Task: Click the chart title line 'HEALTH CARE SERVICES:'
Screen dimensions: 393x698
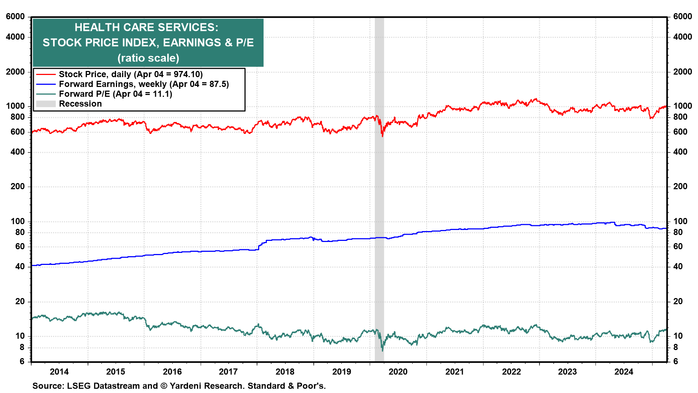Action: pos(146,27)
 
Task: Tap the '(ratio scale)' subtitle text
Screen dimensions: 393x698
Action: pos(148,58)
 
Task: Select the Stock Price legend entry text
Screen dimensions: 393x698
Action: pos(131,74)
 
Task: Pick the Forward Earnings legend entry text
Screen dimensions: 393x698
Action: pos(144,84)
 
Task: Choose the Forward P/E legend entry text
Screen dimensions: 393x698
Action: pos(115,94)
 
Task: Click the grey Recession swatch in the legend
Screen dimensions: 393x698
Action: pos(46,104)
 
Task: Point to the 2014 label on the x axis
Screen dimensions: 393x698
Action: pos(59,372)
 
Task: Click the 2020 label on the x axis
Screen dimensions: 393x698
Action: pos(398,372)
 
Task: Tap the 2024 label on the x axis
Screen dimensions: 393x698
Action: pos(623,372)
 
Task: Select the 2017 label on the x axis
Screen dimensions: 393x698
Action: pos(228,372)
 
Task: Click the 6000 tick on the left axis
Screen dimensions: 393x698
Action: pos(15,17)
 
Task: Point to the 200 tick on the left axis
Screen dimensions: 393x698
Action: pos(18,186)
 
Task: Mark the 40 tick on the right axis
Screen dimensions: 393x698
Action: pos(678,266)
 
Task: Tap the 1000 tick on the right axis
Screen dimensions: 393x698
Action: pos(682,106)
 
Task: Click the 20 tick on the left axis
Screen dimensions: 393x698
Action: pos(20,301)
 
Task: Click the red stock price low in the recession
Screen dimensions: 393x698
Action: pos(382,136)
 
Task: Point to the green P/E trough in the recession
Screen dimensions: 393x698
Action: pos(382,350)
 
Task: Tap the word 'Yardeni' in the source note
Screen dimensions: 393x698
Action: pos(186,386)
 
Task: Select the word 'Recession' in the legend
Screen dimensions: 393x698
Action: pos(80,104)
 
